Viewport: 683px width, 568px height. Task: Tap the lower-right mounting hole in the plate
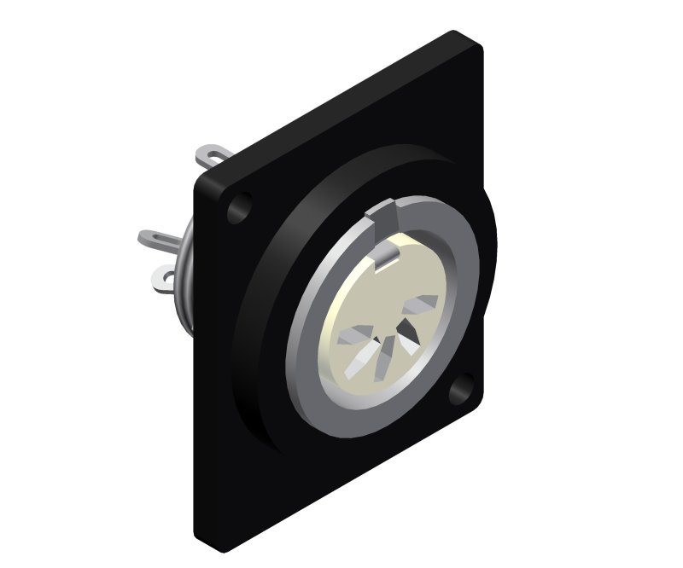[x=464, y=388]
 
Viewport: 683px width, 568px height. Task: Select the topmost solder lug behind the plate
[x=213, y=156]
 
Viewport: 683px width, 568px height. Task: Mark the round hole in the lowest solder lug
[x=162, y=276]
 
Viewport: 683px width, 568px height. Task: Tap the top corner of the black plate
[x=461, y=36]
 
